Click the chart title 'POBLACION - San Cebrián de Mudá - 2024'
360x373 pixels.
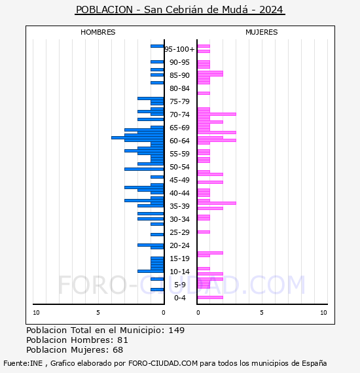tap(180, 10)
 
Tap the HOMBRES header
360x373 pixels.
tap(98, 32)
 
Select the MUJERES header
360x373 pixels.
tap(262, 32)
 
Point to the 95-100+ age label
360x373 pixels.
tap(179, 49)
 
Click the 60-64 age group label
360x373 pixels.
tap(179, 141)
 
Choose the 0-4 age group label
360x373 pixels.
tap(179, 298)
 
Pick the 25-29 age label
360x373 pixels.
tap(179, 232)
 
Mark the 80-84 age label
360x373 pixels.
tap(179, 88)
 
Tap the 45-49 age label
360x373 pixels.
tap(179, 180)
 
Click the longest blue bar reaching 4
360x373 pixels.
tap(137, 137)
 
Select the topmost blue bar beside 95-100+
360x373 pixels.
tap(157, 46)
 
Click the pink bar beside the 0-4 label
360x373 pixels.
tap(210, 297)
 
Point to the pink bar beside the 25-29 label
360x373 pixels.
tap(204, 232)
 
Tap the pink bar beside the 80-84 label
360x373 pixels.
tap(204, 93)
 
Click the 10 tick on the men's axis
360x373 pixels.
tap(36, 313)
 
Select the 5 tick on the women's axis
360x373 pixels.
tap(262, 313)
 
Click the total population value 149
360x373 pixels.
tap(177, 330)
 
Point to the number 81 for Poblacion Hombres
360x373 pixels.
tap(122, 340)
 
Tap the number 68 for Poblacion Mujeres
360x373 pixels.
tap(118, 349)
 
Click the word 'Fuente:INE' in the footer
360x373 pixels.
tap(23, 363)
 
